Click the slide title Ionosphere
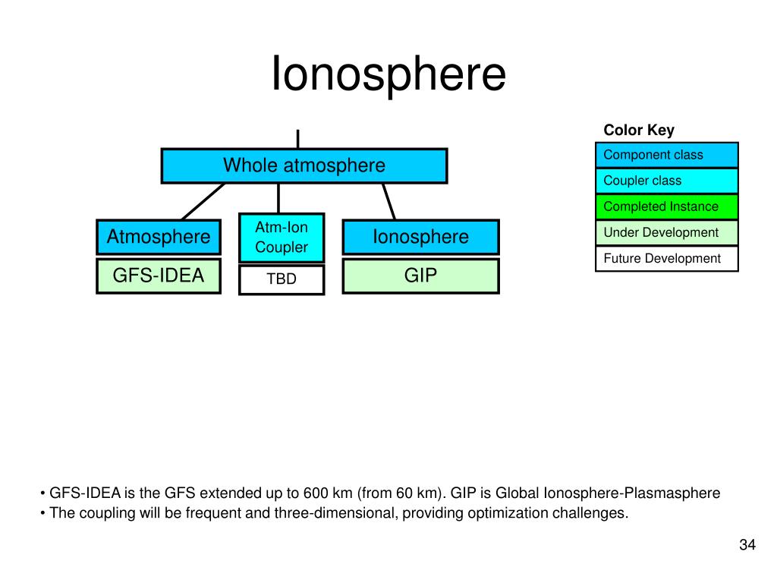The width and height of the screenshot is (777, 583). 388,74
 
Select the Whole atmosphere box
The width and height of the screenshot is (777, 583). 304,165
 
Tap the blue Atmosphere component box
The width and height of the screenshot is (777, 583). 159,237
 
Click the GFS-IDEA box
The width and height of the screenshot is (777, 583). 159,276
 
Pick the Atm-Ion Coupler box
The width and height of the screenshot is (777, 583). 282,238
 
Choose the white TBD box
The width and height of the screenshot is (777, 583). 282,279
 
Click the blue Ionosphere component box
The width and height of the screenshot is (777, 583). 420,237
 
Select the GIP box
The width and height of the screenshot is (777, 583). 420,276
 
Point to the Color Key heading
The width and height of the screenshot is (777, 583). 639,130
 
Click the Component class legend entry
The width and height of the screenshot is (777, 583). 667,155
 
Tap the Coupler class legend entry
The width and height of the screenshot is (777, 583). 667,181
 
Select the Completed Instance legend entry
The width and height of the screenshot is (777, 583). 667,206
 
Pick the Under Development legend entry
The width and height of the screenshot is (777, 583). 667,232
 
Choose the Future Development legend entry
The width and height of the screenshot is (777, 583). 667,258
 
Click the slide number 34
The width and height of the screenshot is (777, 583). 747,544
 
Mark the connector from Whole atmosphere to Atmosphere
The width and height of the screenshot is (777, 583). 203,201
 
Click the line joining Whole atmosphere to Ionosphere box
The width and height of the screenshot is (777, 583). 389,201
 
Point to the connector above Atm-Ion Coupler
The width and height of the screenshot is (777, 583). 278,198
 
